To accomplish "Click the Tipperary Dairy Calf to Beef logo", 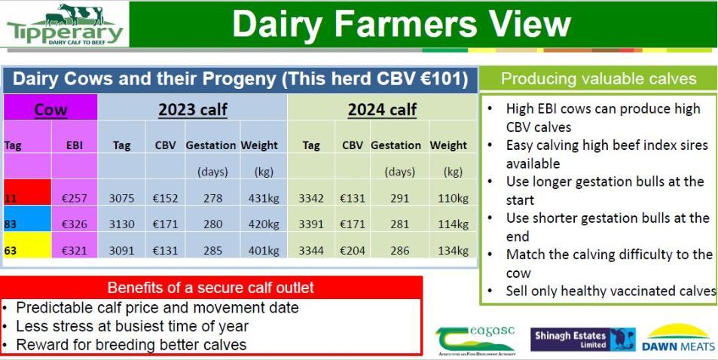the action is click(x=66, y=24).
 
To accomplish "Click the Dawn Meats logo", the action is click(x=679, y=337).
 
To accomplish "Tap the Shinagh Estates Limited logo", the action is click(x=583, y=340).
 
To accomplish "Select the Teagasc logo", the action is click(x=475, y=340).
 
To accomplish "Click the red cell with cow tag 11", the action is click(x=27, y=192).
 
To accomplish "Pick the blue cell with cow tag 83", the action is click(x=27, y=218).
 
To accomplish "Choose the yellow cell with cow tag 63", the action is click(x=27, y=245).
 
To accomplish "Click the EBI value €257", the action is click(x=74, y=199).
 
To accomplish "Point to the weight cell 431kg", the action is click(x=264, y=199).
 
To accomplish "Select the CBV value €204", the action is click(x=353, y=251).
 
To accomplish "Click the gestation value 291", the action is click(x=400, y=199).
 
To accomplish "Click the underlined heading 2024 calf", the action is click(x=382, y=110).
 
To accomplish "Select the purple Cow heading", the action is click(x=50, y=110).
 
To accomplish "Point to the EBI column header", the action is click(x=74, y=145).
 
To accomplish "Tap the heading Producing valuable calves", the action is click(x=598, y=79).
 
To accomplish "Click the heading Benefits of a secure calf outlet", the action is click(x=211, y=288).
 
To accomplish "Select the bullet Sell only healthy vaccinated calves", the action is click(x=611, y=291).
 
